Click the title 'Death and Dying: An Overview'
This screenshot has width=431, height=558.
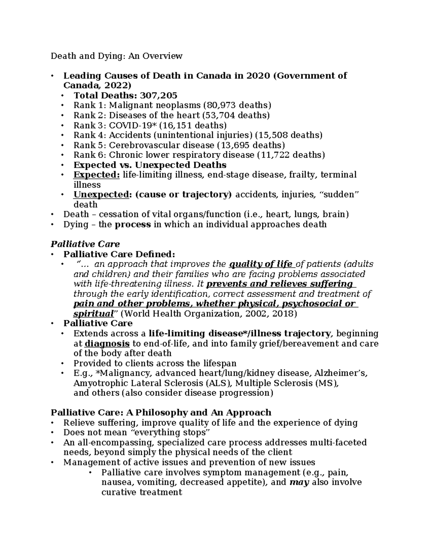pos(116,56)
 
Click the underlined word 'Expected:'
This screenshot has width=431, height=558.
pos(97,175)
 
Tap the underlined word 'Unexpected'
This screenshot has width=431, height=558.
pos(101,195)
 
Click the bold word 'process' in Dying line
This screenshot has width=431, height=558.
pos(133,225)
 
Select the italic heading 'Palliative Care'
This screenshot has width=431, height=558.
pos(85,244)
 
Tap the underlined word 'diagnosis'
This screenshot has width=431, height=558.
pos(107,343)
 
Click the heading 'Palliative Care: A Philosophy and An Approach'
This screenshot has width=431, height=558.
pos(161,412)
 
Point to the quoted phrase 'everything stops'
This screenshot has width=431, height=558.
pos(170,432)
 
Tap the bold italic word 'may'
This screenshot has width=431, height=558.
pos(299,482)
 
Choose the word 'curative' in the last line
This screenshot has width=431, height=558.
pos(119,492)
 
